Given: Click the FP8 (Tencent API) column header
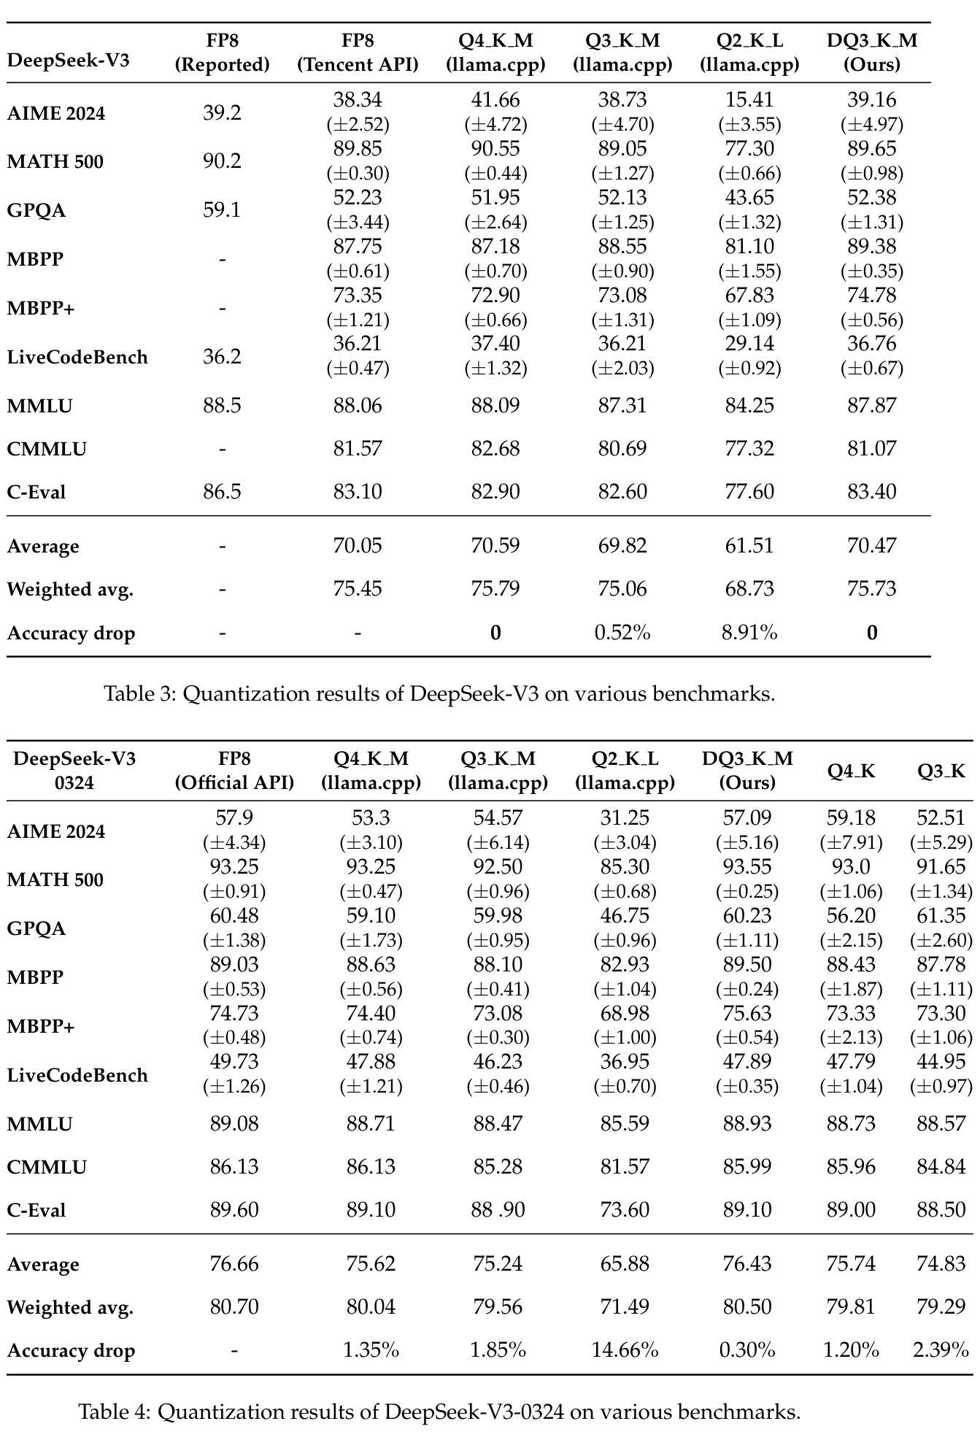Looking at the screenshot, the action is pyautogui.click(x=358, y=52).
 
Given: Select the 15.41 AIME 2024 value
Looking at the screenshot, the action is pyautogui.click(x=749, y=100).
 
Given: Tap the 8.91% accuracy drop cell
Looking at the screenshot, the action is pyautogui.click(x=749, y=632).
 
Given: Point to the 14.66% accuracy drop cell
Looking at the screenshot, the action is pyautogui.click(x=625, y=1350).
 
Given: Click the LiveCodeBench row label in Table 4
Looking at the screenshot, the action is pyautogui.click(x=77, y=1075).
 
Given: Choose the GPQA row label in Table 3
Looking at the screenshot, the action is pyautogui.click(x=36, y=210).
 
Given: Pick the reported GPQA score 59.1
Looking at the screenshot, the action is pyautogui.click(x=222, y=210).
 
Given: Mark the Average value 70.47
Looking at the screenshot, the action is pyautogui.click(x=871, y=545).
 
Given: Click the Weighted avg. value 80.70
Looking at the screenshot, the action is pyautogui.click(x=234, y=1306).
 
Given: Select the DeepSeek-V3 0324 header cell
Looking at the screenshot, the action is pyautogui.click(x=74, y=770).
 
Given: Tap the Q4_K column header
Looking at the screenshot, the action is pyautogui.click(x=851, y=771).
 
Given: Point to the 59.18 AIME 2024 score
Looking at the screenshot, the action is pyautogui.click(x=851, y=818).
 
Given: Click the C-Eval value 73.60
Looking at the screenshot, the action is pyautogui.click(x=625, y=1210).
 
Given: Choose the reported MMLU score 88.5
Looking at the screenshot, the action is pyautogui.click(x=222, y=405).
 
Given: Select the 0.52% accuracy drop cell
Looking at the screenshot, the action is pyautogui.click(x=622, y=632).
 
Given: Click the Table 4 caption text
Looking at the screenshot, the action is pyautogui.click(x=439, y=1412).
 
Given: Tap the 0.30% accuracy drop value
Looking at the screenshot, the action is pyautogui.click(x=747, y=1350).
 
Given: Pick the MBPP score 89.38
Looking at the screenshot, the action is pyautogui.click(x=871, y=247).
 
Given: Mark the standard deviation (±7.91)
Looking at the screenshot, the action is pyautogui.click(x=851, y=843).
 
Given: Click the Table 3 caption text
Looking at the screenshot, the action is pyautogui.click(x=439, y=693).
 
